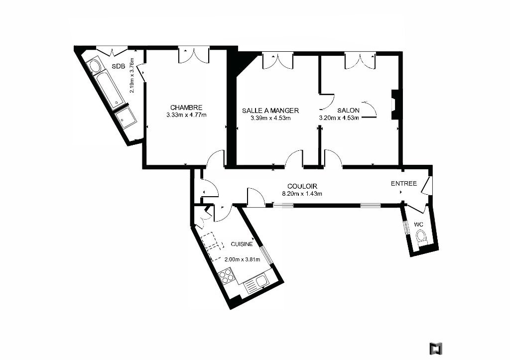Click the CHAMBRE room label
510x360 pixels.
click(x=186, y=108)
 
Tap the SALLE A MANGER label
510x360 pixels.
click(x=270, y=111)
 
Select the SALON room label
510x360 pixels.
click(x=348, y=110)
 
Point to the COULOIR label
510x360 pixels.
click(x=302, y=186)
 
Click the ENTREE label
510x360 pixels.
click(x=403, y=183)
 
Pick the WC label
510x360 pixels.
click(x=418, y=225)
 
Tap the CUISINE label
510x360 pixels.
click(x=242, y=244)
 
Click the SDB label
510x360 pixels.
click(x=119, y=66)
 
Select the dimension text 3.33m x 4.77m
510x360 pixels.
click(x=186, y=115)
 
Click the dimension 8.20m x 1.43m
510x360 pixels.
click(x=302, y=194)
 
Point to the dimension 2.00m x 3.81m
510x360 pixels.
click(x=243, y=259)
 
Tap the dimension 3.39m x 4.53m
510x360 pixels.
click(x=270, y=118)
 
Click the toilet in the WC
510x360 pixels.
click(x=422, y=237)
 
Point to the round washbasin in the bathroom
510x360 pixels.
click(x=95, y=66)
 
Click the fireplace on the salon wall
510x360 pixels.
click(x=394, y=105)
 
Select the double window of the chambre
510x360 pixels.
click(x=193, y=56)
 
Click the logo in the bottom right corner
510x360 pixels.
click(x=435, y=348)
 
